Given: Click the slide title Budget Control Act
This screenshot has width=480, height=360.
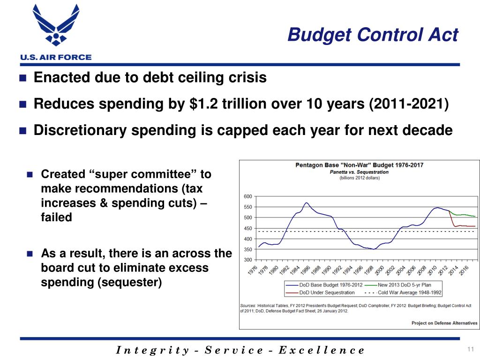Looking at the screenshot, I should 373,35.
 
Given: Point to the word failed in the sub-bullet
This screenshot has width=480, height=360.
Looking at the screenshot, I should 57,217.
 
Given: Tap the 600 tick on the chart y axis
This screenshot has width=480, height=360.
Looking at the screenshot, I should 248,196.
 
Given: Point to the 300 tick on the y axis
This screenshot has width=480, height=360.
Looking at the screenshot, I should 248,260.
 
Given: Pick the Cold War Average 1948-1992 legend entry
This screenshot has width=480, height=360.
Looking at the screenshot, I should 409,292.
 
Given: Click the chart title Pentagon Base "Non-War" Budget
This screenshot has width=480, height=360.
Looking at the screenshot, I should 359,165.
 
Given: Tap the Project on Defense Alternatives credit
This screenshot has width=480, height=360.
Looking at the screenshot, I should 444,322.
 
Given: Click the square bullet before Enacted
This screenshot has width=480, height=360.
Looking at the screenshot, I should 22,78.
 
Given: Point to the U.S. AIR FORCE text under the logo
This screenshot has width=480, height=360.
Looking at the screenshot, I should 55,57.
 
